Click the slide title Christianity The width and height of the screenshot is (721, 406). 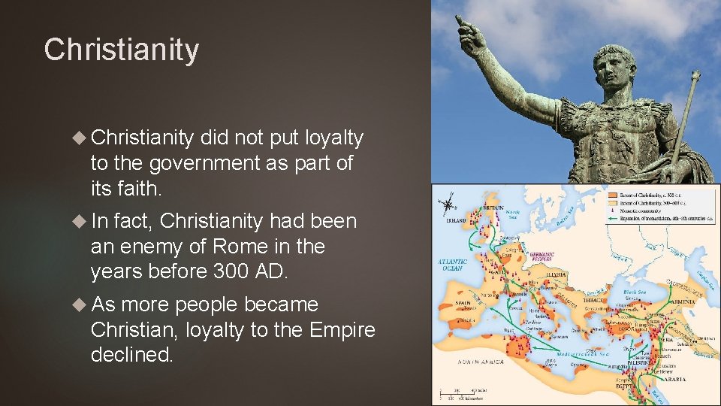(x=122, y=50)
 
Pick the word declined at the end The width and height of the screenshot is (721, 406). (x=132, y=354)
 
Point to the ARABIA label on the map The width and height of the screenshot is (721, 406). (x=674, y=380)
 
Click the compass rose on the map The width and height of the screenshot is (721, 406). (x=449, y=203)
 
